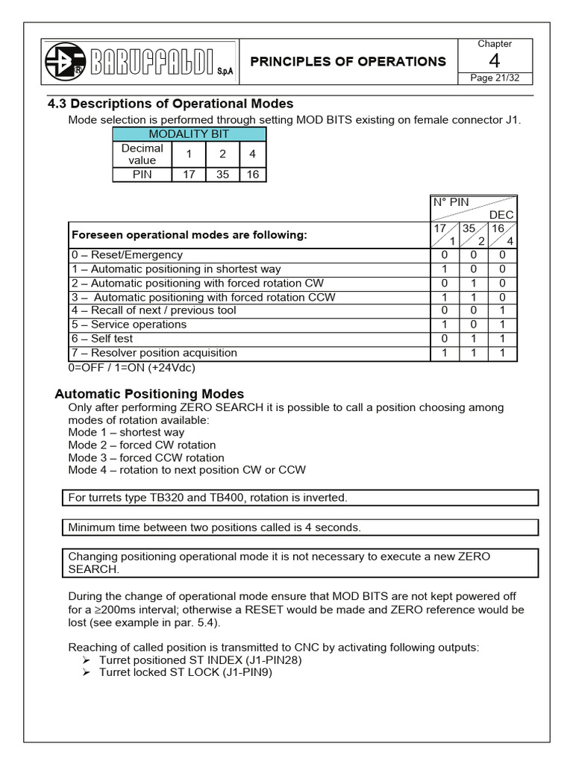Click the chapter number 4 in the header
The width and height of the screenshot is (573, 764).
pos(494,62)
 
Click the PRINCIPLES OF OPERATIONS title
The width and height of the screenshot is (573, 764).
pos(348,62)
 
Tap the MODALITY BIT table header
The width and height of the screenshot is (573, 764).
pos(189,134)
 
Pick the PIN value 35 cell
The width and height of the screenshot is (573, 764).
pos(222,175)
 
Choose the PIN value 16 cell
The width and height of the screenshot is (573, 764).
pos(252,175)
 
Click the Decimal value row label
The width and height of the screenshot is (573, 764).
pos(142,154)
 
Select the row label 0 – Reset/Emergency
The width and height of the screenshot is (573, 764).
pos(127,255)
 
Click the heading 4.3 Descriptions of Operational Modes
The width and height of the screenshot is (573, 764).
pos(170,104)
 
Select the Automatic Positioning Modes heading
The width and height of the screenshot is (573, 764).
pos(150,394)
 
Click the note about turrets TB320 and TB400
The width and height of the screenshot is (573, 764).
pos(208,497)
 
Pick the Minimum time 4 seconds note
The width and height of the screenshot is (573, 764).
pos(215,527)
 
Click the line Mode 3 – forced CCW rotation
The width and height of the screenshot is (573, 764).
pos(146,457)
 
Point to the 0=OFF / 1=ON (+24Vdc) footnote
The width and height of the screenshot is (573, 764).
pos(131,367)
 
